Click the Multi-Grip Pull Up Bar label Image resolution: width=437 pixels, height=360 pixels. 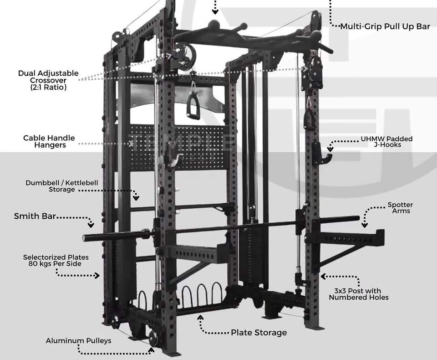click(x=385, y=26)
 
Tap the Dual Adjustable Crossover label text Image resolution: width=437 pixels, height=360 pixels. click(x=48, y=80)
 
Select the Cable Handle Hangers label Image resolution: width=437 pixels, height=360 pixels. click(x=49, y=141)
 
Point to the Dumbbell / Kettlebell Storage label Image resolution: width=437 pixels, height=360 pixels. click(x=62, y=186)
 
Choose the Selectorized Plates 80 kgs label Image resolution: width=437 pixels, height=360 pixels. click(x=56, y=260)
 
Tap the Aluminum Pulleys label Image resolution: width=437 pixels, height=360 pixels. click(x=78, y=340)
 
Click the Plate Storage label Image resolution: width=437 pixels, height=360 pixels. click(x=259, y=332)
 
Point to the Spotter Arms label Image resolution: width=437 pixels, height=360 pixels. click(x=400, y=208)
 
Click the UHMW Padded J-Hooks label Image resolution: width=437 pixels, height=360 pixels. click(x=387, y=142)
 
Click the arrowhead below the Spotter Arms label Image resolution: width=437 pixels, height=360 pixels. click(x=364, y=224)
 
